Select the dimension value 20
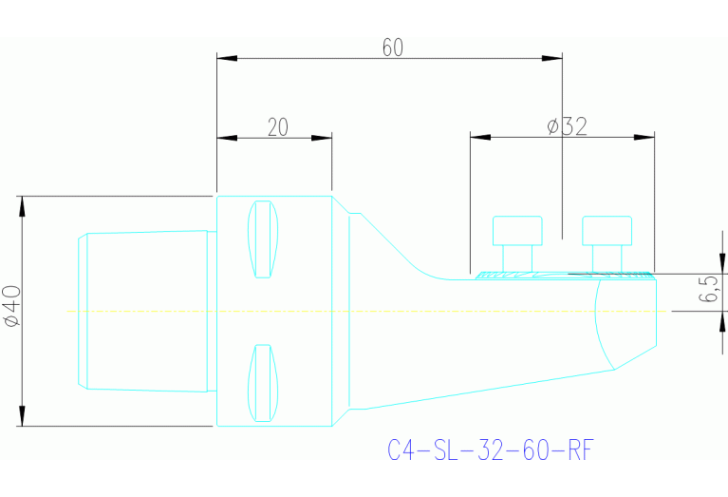click(x=277, y=127)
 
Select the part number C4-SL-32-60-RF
click(x=492, y=449)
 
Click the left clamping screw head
click(x=517, y=231)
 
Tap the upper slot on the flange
click(x=263, y=239)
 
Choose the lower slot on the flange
click(x=263, y=383)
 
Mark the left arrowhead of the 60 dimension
click(x=226, y=58)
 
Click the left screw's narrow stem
click(x=517, y=258)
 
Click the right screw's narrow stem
click(x=607, y=258)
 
